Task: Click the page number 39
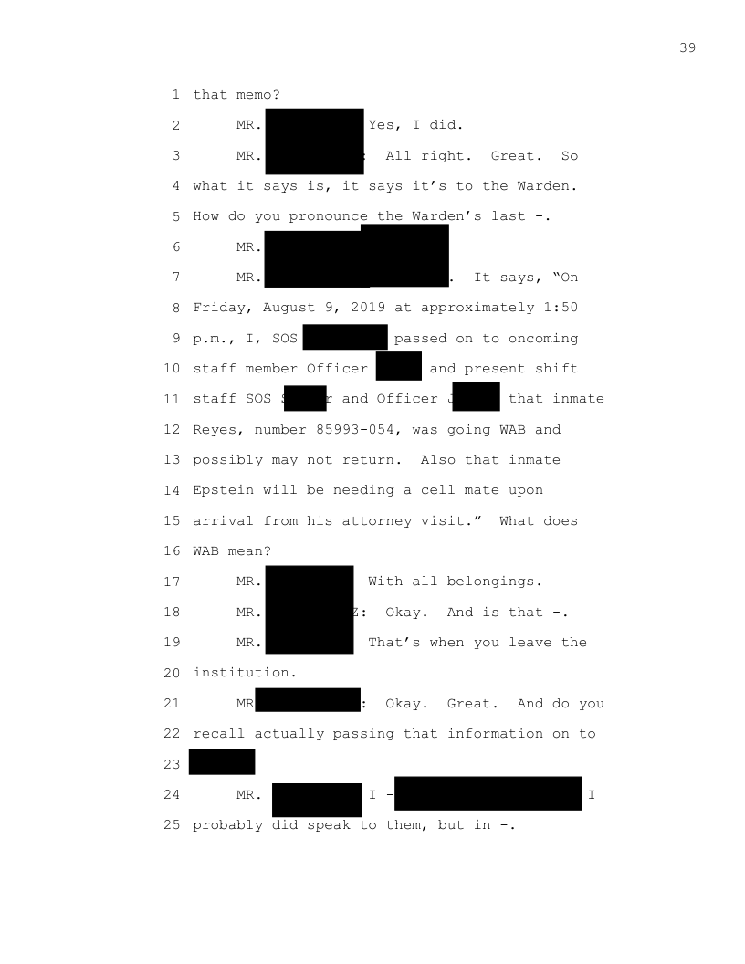(687, 47)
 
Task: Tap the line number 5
(175, 216)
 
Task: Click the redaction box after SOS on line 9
(345, 337)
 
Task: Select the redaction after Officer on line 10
(399, 366)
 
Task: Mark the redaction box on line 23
(222, 762)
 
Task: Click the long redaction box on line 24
(488, 793)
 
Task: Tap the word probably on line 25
(228, 825)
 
